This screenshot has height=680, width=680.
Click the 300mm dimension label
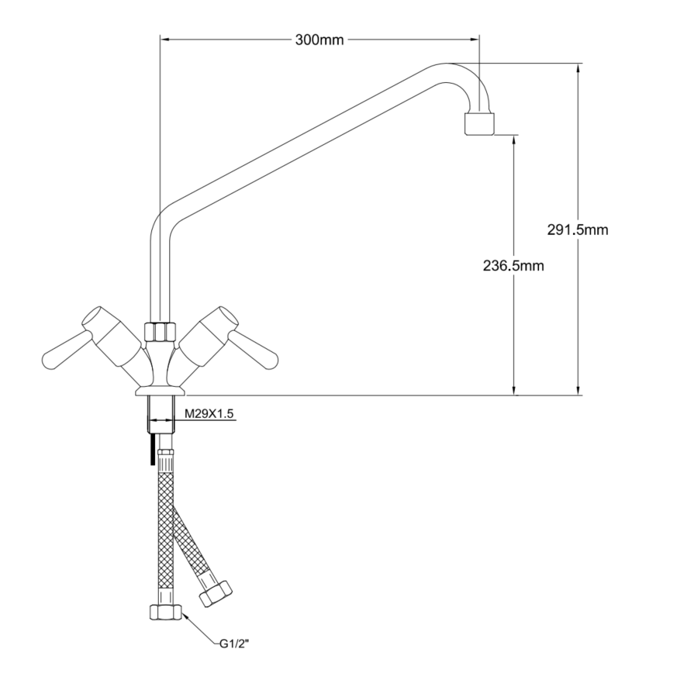pyautogui.click(x=319, y=40)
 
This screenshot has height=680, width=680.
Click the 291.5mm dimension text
pyautogui.click(x=577, y=230)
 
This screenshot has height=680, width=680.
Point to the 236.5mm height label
pyautogui.click(x=513, y=265)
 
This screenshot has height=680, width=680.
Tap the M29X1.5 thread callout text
pyautogui.click(x=209, y=414)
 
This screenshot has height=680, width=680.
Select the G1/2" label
pyautogui.click(x=234, y=644)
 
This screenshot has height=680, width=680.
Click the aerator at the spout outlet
pyautogui.click(x=479, y=124)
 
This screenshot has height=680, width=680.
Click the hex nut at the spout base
pyautogui.click(x=160, y=331)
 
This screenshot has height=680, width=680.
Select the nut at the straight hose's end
pyautogui.click(x=166, y=612)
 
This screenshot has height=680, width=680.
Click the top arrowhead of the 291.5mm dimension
pyautogui.click(x=578, y=68)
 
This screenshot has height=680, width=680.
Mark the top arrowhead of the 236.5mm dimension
pyautogui.click(x=514, y=140)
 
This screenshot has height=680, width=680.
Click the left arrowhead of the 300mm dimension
pyautogui.click(x=166, y=40)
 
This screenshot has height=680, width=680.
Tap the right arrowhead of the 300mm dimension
pyautogui.click(x=474, y=40)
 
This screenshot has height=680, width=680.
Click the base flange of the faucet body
pyautogui.click(x=161, y=392)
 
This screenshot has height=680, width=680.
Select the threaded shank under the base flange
pyautogui.click(x=161, y=413)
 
